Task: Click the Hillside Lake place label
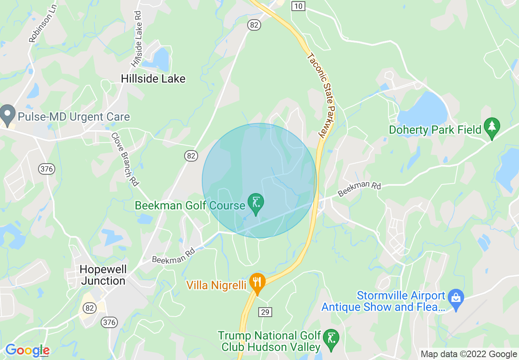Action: coord(153,79)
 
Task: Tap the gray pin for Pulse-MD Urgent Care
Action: coord(7,115)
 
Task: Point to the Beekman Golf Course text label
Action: coord(190,205)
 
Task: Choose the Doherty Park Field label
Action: coord(435,130)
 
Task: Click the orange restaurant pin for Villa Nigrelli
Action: coord(257,283)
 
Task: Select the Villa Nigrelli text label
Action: coord(217,285)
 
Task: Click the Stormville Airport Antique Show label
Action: coord(383,301)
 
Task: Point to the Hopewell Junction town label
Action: coord(103,275)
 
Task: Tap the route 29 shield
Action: coord(265,312)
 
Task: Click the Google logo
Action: coord(27,350)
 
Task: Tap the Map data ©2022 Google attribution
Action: coord(469,354)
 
